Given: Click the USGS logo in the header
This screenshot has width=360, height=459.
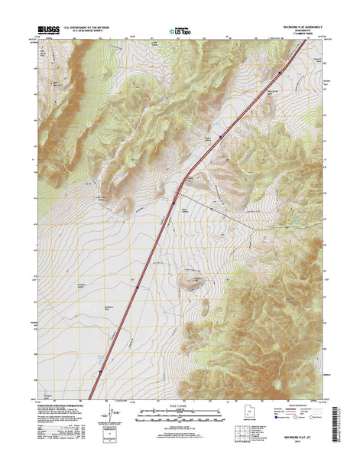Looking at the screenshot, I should tap(47, 31).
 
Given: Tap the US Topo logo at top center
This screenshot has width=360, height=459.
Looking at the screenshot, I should tap(180, 31).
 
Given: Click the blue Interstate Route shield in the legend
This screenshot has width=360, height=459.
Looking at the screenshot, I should tap(269, 419).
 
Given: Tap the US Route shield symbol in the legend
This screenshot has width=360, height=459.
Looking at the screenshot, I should tap(290, 419).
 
